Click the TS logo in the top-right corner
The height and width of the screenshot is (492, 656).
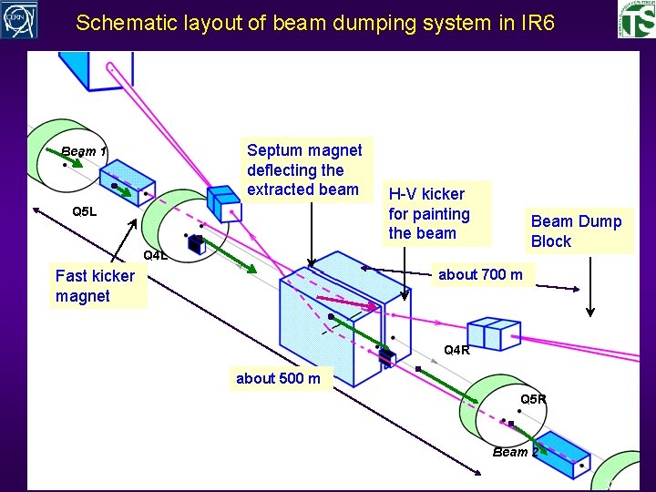coord(635,21)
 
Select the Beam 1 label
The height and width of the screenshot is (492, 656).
coord(84,151)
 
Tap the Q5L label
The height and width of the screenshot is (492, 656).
coord(84,212)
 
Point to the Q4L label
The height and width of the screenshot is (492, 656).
coord(156,255)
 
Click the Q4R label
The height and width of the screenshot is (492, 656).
coord(456,350)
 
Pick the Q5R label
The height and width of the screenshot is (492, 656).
coord(533,399)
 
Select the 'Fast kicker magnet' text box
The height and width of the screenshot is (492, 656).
coord(95,286)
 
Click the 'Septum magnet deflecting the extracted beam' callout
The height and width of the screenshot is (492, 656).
coord(304,169)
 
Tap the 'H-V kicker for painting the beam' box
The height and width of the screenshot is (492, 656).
coord(428,213)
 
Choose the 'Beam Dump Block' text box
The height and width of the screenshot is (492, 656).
coord(576,231)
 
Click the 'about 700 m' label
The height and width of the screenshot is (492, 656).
coord(480,275)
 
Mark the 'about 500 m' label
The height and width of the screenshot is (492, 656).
coord(278,378)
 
